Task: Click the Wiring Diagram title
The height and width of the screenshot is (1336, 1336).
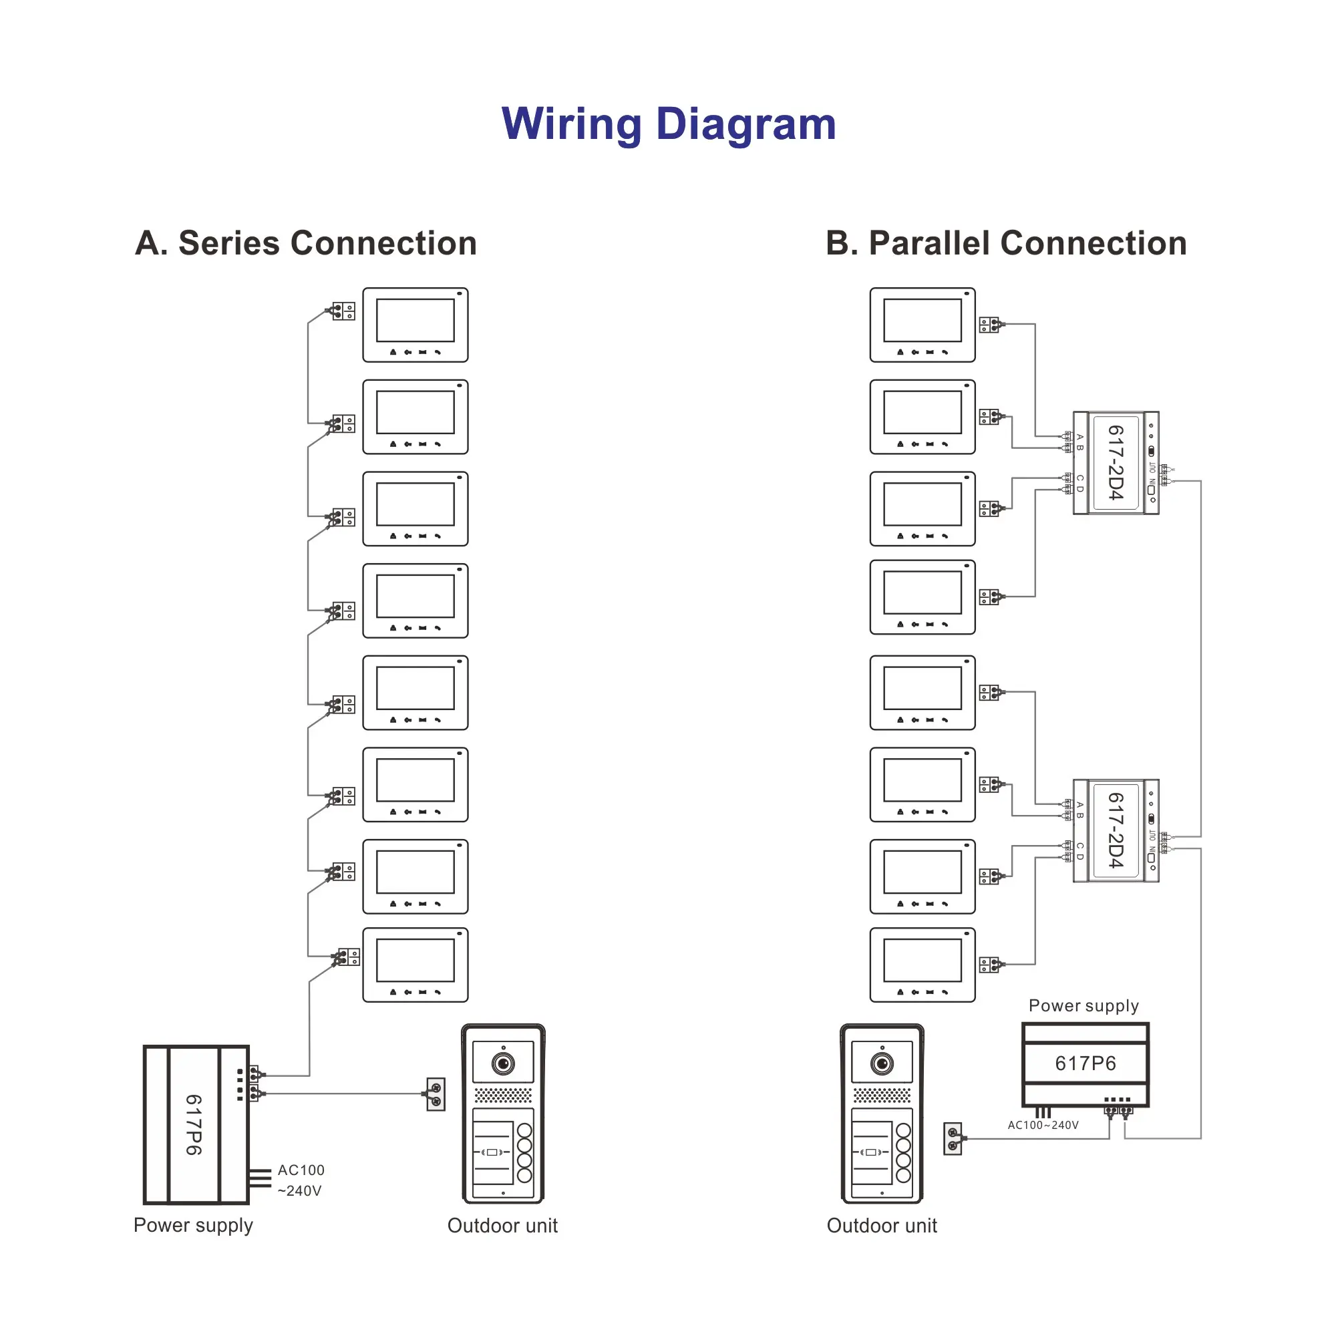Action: [x=668, y=124]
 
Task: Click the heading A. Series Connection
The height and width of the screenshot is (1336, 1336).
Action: [x=306, y=243]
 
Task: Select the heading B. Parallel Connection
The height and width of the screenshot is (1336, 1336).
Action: [x=1006, y=243]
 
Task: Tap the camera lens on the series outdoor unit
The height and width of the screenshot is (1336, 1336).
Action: [x=503, y=1063]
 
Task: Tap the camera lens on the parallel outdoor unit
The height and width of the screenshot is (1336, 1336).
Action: [x=882, y=1063]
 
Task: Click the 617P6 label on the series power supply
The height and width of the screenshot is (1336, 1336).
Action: [x=194, y=1124]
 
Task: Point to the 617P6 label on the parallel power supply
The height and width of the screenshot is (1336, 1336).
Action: [x=1085, y=1063]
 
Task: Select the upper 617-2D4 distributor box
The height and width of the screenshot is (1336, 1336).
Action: [x=1116, y=463]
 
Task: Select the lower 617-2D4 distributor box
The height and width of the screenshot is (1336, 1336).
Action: [x=1116, y=830]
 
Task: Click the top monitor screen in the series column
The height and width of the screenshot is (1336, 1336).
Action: [x=415, y=320]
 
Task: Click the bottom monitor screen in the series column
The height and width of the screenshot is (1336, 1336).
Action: [x=415, y=960]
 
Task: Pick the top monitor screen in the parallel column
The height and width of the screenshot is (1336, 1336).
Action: [x=923, y=320]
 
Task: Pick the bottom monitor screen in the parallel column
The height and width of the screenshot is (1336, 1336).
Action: [x=923, y=960]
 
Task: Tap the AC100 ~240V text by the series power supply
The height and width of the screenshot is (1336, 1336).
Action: [x=300, y=1180]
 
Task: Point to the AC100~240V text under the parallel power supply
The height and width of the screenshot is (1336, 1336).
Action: [x=1043, y=1125]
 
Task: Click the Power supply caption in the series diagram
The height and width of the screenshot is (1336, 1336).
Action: [x=193, y=1224]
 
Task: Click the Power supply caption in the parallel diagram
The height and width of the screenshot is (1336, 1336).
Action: [x=1083, y=1005]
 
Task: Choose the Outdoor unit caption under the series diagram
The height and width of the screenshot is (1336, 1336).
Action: [x=502, y=1225]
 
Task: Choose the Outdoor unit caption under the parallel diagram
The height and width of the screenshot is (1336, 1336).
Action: [x=882, y=1225]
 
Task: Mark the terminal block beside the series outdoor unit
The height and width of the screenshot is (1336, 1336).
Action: [x=436, y=1094]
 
